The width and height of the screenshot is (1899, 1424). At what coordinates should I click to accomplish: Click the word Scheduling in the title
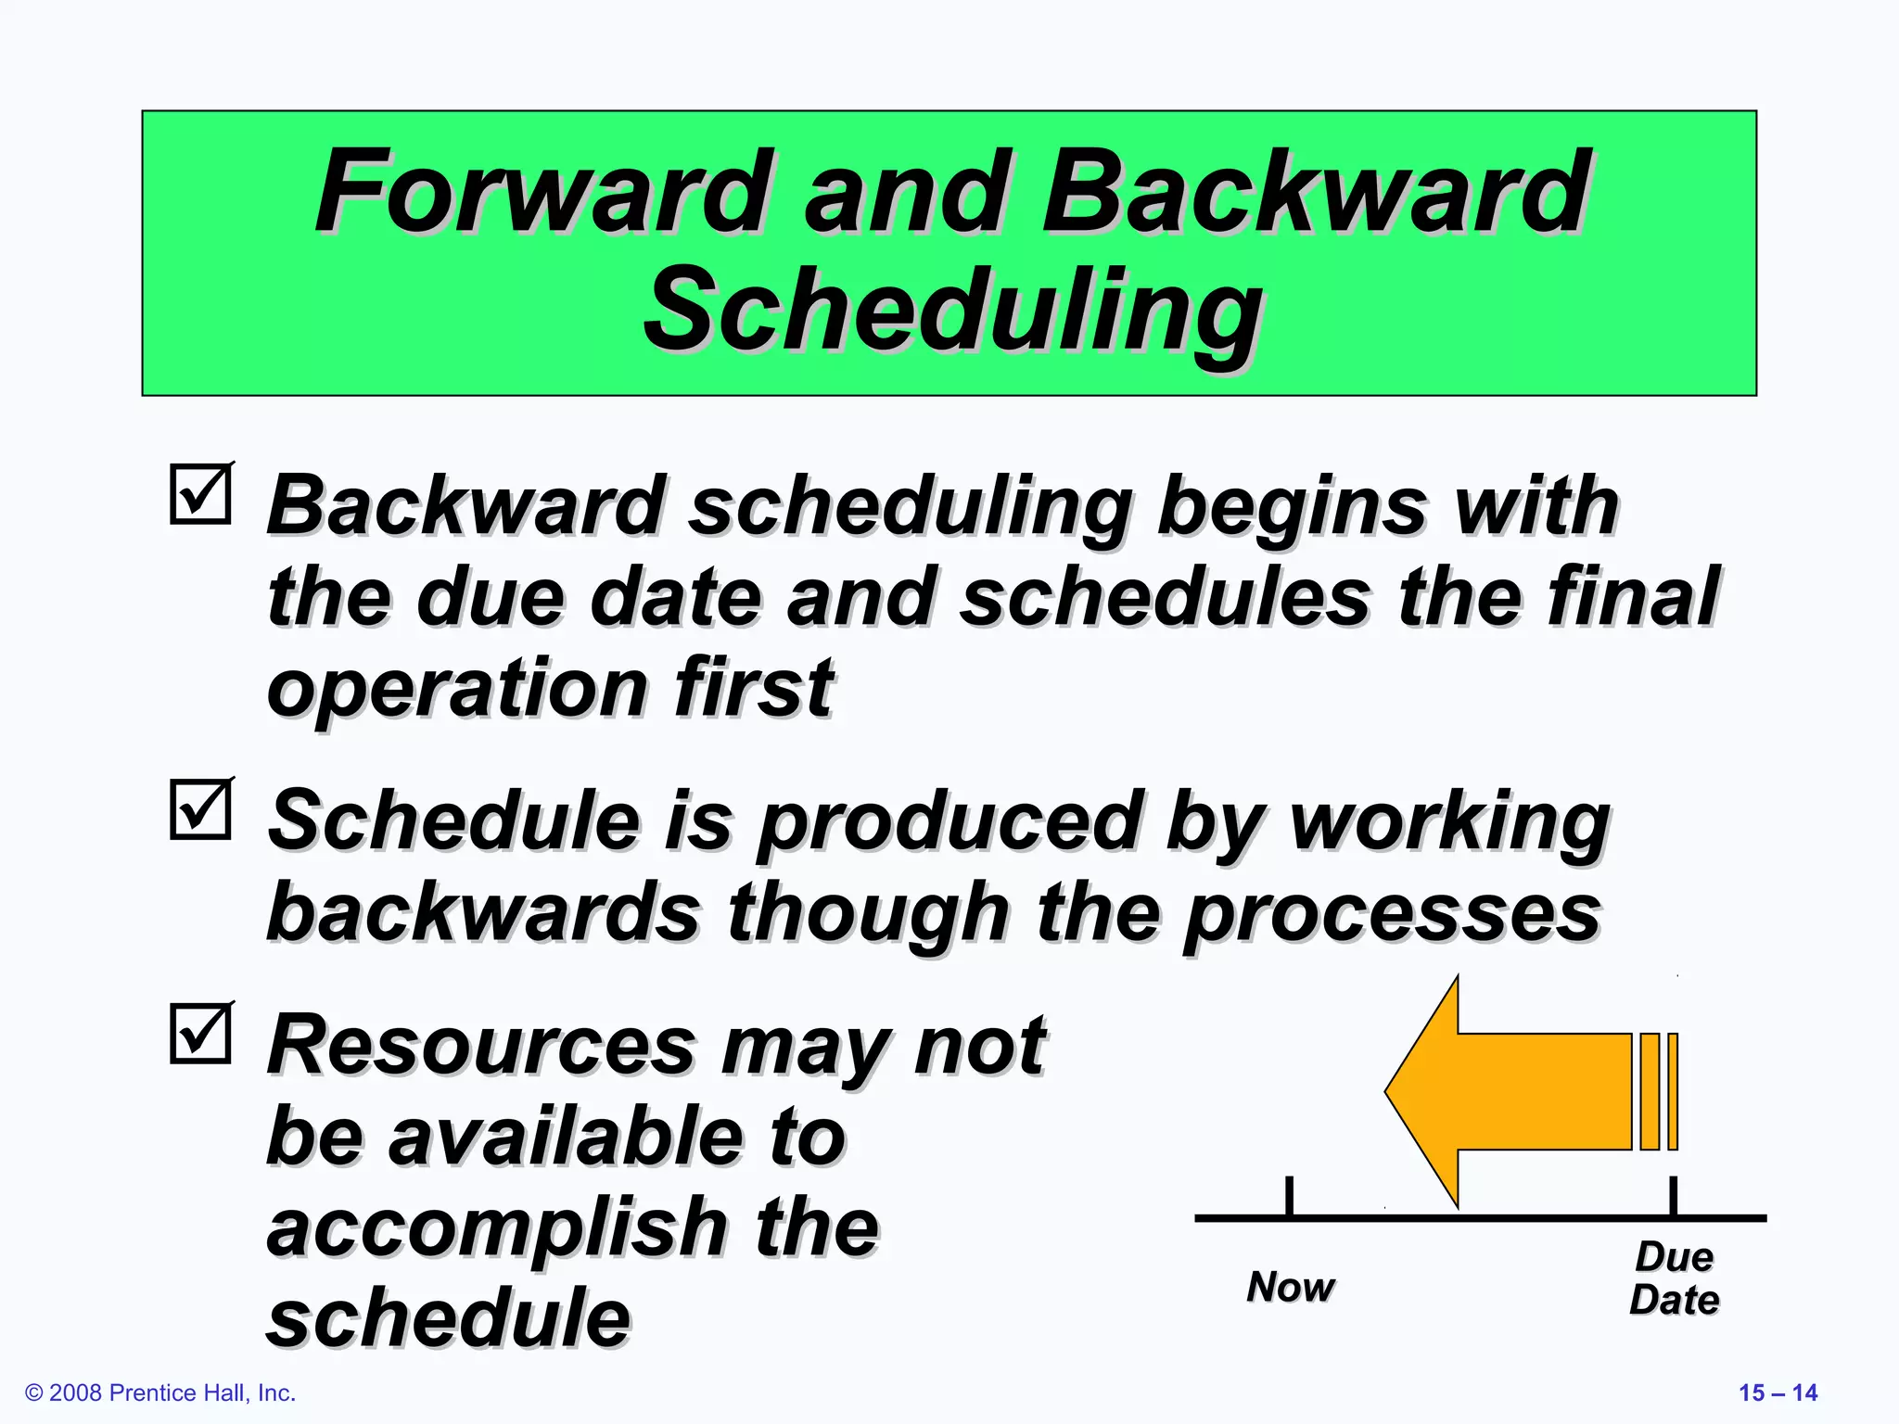coord(952,311)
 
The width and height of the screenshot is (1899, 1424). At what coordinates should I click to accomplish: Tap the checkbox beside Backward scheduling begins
coord(200,494)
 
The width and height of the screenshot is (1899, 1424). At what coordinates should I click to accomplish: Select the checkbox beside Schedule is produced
coord(200,809)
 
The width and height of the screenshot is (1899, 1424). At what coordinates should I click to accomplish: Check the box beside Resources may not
coord(200,1033)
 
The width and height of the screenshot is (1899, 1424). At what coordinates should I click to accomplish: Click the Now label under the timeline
coord(1290,1287)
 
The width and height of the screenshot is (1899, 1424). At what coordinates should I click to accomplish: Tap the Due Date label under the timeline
coord(1674,1278)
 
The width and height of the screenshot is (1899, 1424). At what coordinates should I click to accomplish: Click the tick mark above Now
coord(1289,1195)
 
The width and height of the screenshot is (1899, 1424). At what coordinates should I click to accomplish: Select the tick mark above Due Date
coord(1673,1195)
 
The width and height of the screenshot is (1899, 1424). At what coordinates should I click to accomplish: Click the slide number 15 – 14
coord(1778,1392)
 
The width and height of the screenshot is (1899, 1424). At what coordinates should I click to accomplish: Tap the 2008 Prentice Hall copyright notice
coord(160,1392)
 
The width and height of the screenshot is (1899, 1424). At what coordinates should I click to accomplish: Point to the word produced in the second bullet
coord(949,821)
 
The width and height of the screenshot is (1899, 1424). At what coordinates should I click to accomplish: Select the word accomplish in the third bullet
coord(497,1227)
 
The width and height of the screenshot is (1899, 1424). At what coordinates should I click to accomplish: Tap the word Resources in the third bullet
coord(481,1045)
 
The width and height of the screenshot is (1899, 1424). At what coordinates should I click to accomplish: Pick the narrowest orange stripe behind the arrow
coord(1673,1091)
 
